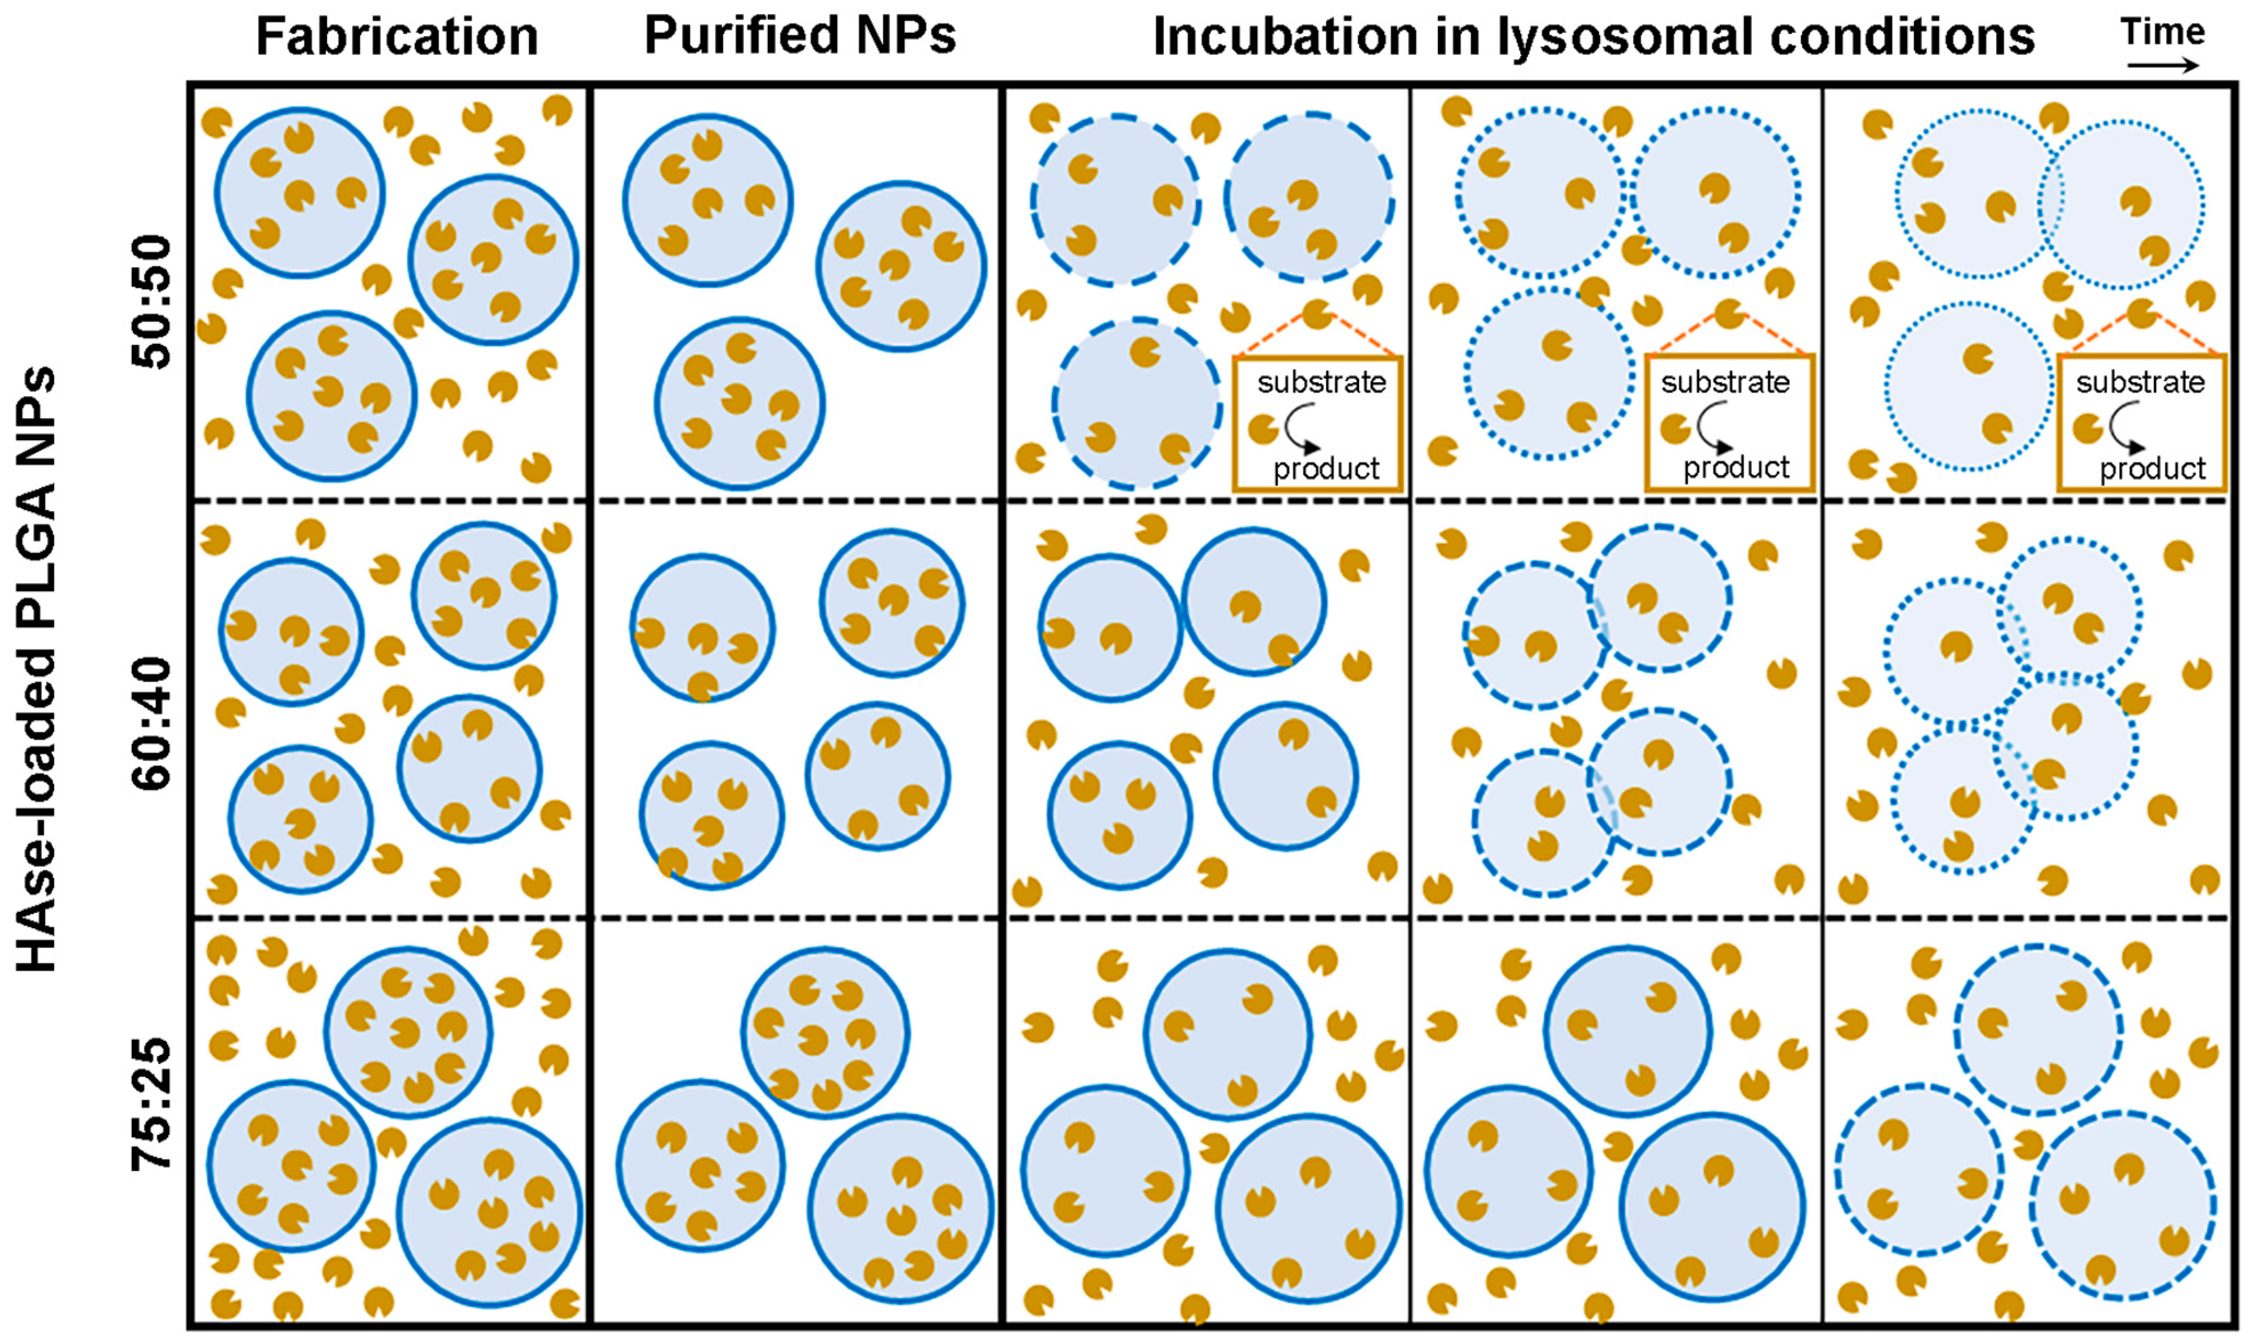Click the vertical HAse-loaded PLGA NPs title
[38, 669]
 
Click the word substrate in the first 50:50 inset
[1321, 383]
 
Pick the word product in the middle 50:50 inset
[1736, 468]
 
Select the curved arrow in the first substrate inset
[1302, 428]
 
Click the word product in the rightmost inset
[2153, 468]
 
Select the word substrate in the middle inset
[1725, 383]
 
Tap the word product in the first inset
[1326, 468]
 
